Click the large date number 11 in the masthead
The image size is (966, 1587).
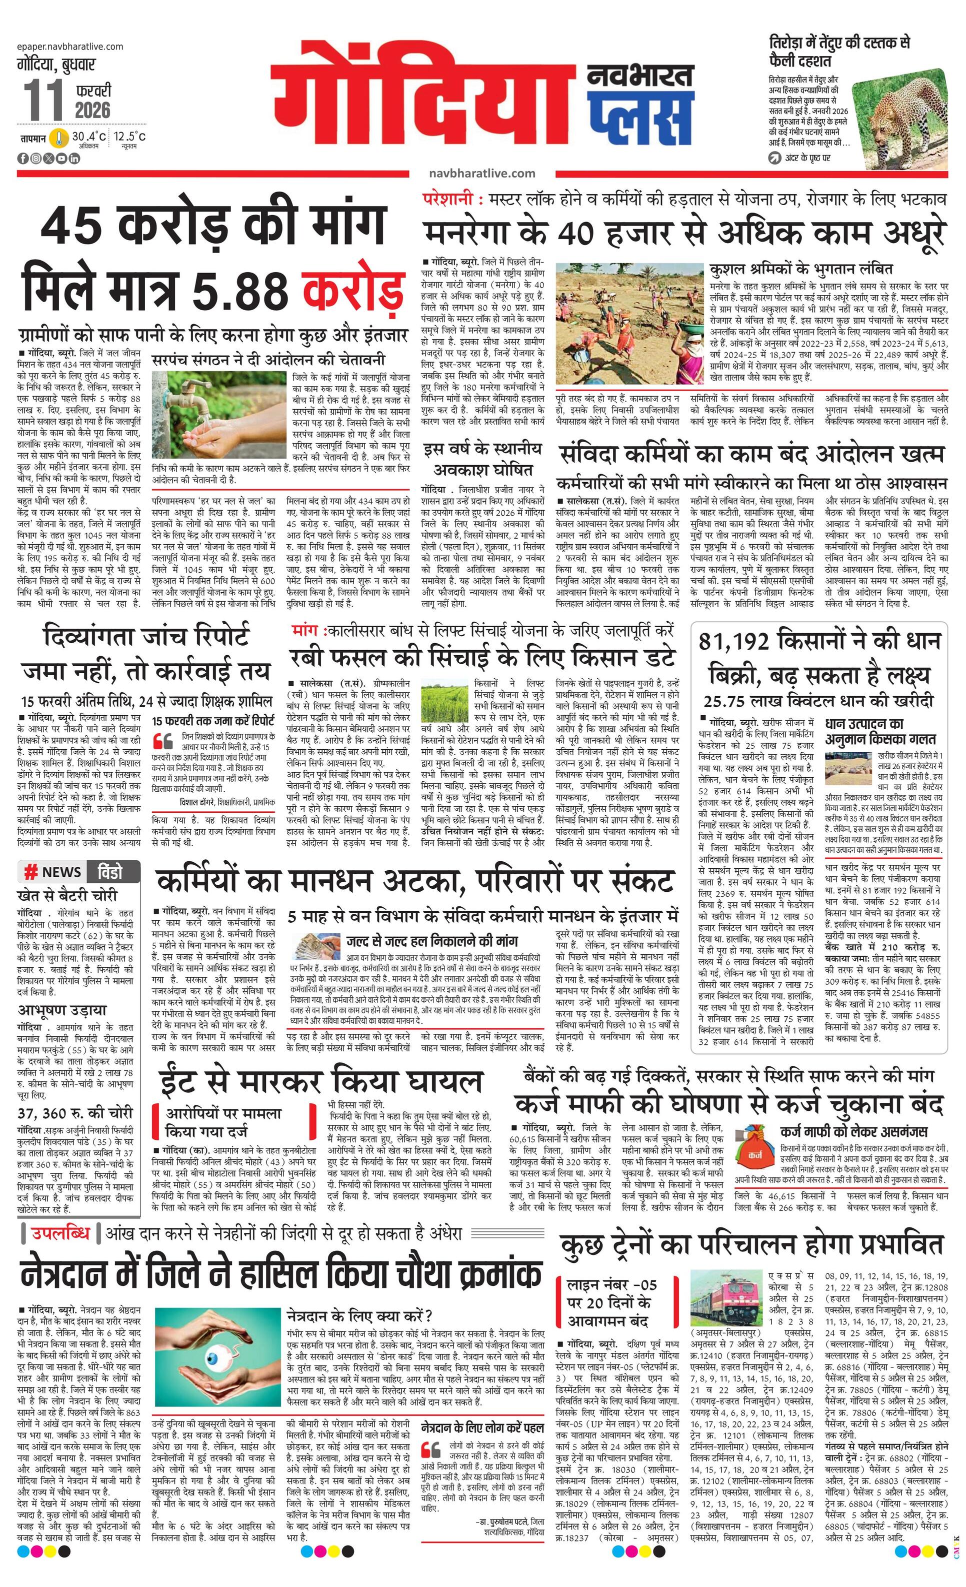[44, 99]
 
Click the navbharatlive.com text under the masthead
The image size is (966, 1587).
[481, 173]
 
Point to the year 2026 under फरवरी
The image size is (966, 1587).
[92, 110]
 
